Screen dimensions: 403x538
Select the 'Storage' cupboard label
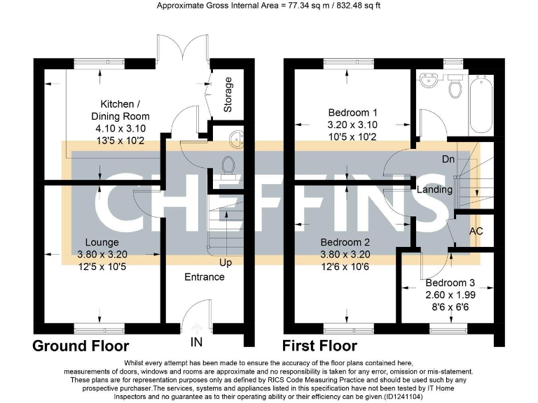228,95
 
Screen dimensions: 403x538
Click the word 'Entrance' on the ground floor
205,277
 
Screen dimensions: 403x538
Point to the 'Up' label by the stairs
226,263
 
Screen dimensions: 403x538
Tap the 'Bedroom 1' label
353,113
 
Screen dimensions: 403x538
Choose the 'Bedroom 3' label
450,283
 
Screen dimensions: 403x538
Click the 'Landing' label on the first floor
434,190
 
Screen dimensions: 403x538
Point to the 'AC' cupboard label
476,231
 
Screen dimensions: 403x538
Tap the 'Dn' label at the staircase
448,160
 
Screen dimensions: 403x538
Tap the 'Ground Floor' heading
81,346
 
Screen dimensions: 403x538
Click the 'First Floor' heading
319,346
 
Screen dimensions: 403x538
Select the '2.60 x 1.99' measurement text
450,295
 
